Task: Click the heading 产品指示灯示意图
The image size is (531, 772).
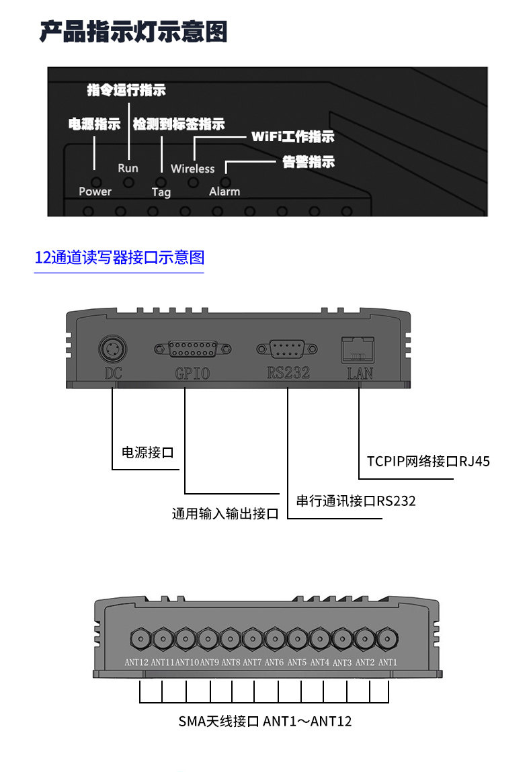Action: [x=133, y=32]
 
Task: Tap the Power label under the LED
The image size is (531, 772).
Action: [x=95, y=191]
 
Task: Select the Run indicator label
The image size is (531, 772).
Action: [x=128, y=168]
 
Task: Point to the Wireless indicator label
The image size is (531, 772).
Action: [x=192, y=169]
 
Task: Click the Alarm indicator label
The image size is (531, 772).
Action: [x=224, y=191]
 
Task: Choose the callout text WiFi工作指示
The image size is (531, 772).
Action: [x=292, y=137]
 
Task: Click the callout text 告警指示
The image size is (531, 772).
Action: [x=308, y=162]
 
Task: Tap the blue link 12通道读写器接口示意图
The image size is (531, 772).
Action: [x=119, y=257]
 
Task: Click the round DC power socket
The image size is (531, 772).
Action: [x=112, y=349]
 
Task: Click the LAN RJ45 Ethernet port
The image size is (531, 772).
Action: [x=359, y=349]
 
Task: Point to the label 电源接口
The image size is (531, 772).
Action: [x=147, y=452]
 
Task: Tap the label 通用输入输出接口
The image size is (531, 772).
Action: [x=224, y=514]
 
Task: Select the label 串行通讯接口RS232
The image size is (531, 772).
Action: [x=356, y=501]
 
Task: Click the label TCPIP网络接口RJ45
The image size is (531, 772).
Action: [x=428, y=461]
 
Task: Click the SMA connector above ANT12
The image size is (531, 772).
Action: [x=139, y=638]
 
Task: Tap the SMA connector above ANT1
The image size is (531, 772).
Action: [x=387, y=638]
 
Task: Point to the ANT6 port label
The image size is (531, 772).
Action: [x=274, y=662]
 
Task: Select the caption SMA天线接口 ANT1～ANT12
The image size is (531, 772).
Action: [x=265, y=721]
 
